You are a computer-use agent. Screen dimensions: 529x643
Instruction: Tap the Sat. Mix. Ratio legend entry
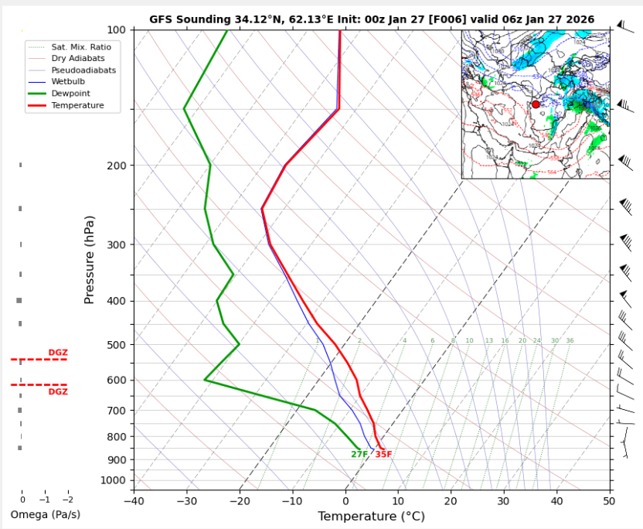[80, 47]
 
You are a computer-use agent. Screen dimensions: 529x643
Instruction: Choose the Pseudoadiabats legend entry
[83, 70]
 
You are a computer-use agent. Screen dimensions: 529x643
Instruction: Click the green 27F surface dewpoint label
[359, 455]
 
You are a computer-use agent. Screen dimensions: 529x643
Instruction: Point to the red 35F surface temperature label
[383, 455]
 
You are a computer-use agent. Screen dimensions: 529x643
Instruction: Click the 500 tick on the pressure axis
[115, 345]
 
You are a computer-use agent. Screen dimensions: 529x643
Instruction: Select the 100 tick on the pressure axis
[115, 30]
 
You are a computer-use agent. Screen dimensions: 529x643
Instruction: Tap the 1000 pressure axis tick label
[113, 480]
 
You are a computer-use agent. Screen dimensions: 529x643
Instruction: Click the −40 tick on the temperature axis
[134, 500]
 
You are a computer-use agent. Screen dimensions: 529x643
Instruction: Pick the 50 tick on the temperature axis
[611, 500]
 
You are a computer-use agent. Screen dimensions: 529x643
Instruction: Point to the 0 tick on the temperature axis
[345, 500]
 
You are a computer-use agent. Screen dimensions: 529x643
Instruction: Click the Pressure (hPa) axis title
[90, 259]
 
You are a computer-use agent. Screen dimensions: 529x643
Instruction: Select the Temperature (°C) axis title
[372, 517]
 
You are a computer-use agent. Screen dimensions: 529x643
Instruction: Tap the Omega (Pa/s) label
[45, 514]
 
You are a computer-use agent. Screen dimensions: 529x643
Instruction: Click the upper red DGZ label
[58, 353]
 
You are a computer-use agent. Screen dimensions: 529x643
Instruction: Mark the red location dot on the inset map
[536, 104]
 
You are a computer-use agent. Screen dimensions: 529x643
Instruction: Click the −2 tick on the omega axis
[68, 500]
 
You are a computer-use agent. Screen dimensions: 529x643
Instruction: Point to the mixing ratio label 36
[570, 341]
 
